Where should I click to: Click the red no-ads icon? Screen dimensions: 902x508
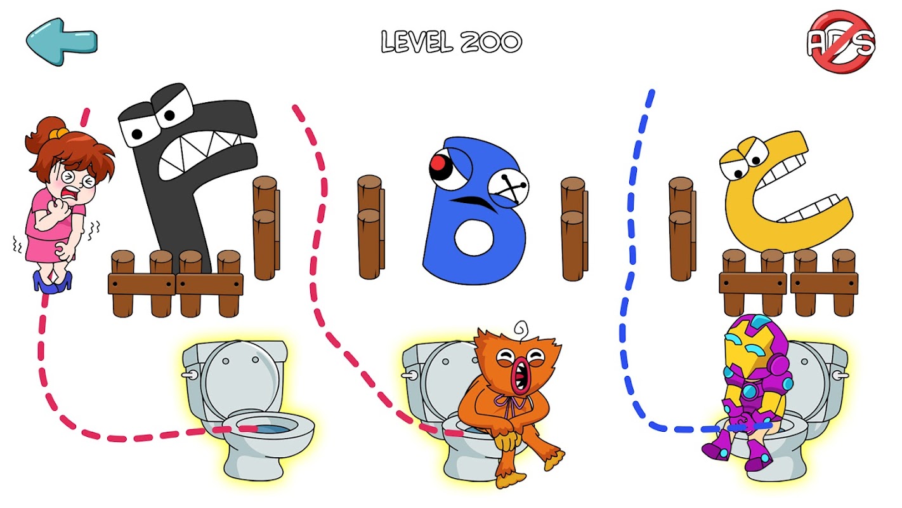(x=841, y=42)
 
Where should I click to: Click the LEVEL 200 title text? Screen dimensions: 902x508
(x=452, y=42)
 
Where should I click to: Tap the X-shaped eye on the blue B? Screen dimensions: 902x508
(x=508, y=188)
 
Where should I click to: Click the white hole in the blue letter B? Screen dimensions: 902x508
(x=474, y=238)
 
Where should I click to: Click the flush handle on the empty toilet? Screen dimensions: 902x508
(x=189, y=375)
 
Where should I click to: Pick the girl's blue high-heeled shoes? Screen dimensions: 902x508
(x=53, y=281)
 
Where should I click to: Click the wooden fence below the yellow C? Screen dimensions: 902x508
(x=788, y=283)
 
